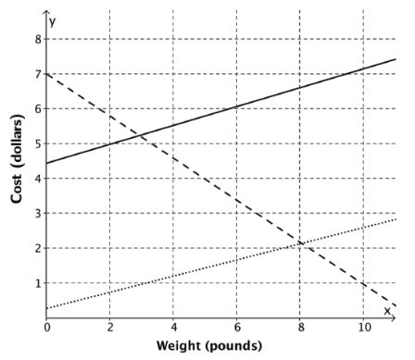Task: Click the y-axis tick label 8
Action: point(37,39)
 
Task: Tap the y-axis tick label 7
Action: point(37,74)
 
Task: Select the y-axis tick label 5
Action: point(37,143)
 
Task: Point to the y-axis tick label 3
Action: point(37,213)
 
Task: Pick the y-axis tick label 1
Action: point(37,282)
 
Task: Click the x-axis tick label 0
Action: point(46,327)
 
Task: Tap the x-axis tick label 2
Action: point(109,327)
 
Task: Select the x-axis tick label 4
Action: point(173,327)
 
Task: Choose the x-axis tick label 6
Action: point(236,327)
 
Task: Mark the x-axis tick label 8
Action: point(300,327)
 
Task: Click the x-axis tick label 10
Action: point(363,327)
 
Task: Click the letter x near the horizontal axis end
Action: point(387,310)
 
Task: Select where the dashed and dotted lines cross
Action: point(301,243)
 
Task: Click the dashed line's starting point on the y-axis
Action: point(46,74)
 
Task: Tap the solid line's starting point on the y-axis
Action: point(46,164)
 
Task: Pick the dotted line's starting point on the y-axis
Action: point(46,307)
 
